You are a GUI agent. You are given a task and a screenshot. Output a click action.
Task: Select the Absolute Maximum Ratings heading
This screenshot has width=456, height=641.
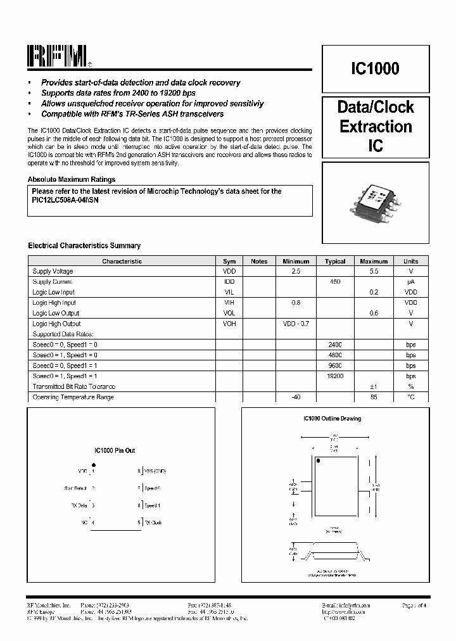tap(72, 179)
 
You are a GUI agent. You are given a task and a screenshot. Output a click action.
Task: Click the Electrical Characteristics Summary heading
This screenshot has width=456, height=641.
tap(84, 246)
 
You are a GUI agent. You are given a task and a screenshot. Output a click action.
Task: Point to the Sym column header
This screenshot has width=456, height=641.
tap(229, 261)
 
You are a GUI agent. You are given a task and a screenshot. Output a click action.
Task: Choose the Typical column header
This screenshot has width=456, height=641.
tap(335, 261)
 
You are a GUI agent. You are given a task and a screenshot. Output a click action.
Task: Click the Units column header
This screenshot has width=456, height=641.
tap(410, 261)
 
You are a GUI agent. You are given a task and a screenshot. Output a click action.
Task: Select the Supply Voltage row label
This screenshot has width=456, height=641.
tap(53, 271)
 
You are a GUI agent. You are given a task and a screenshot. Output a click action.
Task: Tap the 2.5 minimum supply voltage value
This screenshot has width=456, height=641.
tap(296, 271)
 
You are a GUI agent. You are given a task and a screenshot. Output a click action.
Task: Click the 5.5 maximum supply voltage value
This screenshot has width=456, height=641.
tap(374, 271)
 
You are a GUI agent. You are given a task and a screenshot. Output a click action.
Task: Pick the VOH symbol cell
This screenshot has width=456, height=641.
tap(229, 324)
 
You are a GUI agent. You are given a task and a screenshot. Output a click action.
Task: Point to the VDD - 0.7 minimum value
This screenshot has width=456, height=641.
tap(296, 324)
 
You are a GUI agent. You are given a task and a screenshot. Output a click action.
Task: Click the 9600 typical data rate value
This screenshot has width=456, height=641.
tap(335, 365)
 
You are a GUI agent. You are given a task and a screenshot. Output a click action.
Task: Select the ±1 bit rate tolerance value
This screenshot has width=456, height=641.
tap(374, 386)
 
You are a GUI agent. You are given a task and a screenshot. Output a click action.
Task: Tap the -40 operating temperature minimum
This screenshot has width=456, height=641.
tap(296, 397)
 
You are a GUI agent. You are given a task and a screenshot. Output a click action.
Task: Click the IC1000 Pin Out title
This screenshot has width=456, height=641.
tap(115, 451)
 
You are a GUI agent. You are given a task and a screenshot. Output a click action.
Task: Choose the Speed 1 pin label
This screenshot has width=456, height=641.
tap(152, 505)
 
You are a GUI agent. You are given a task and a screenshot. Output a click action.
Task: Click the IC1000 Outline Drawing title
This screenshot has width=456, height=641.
tap(332, 419)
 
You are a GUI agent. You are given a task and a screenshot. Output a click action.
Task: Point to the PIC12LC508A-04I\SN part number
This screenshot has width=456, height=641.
tap(65, 200)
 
